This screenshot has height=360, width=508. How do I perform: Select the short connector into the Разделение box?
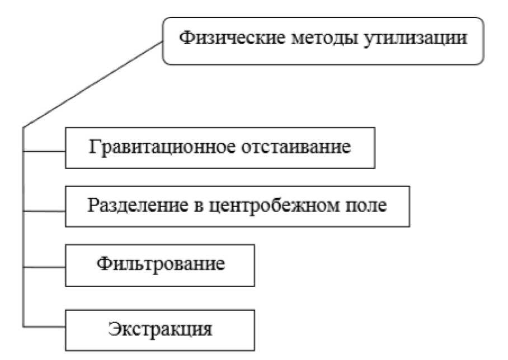pos(44,211)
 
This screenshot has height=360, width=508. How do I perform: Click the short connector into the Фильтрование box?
pos(44,267)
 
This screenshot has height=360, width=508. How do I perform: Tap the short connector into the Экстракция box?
pos(44,326)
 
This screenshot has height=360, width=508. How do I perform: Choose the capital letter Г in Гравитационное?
pos(94,148)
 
